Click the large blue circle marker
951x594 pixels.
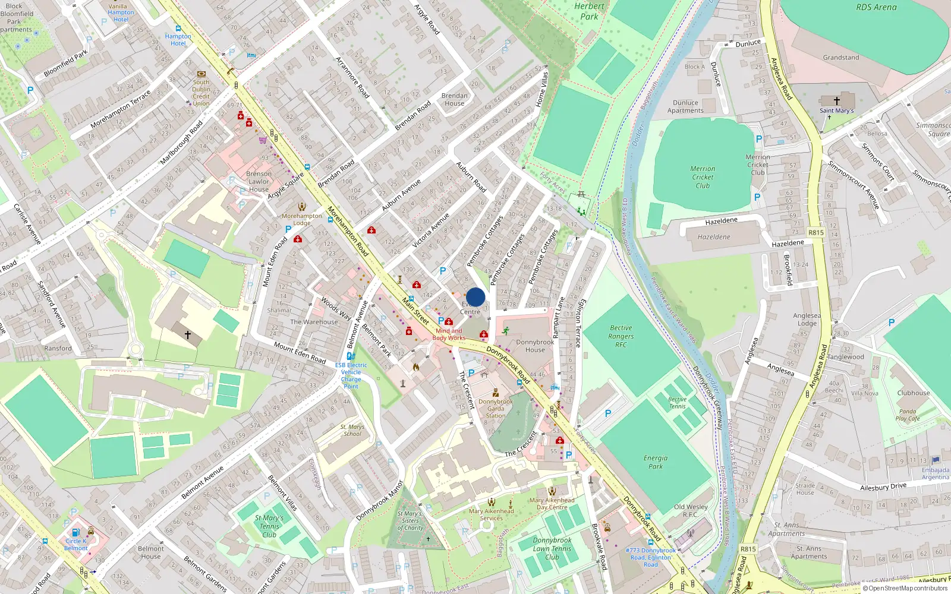(475, 297)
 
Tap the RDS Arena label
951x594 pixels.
(876, 7)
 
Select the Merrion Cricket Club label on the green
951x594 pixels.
(703, 177)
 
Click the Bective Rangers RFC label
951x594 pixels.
(621, 336)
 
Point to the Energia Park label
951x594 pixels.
(655, 462)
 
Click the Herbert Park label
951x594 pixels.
(589, 11)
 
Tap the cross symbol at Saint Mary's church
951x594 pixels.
(836, 101)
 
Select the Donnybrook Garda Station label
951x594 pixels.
(496, 409)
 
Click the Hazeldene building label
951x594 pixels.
(714, 237)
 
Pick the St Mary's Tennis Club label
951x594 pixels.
(269, 526)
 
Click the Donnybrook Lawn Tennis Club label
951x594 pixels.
(552, 549)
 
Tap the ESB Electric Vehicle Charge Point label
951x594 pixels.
(351, 375)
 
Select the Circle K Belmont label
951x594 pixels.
(76, 544)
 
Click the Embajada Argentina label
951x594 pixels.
(936, 473)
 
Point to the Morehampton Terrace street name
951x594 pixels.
(121, 109)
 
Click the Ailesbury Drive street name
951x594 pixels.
(883, 486)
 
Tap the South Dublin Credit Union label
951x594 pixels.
(201, 93)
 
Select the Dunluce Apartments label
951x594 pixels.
(685, 106)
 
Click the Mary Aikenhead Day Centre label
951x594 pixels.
(552, 504)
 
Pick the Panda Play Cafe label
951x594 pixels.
(908, 415)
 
